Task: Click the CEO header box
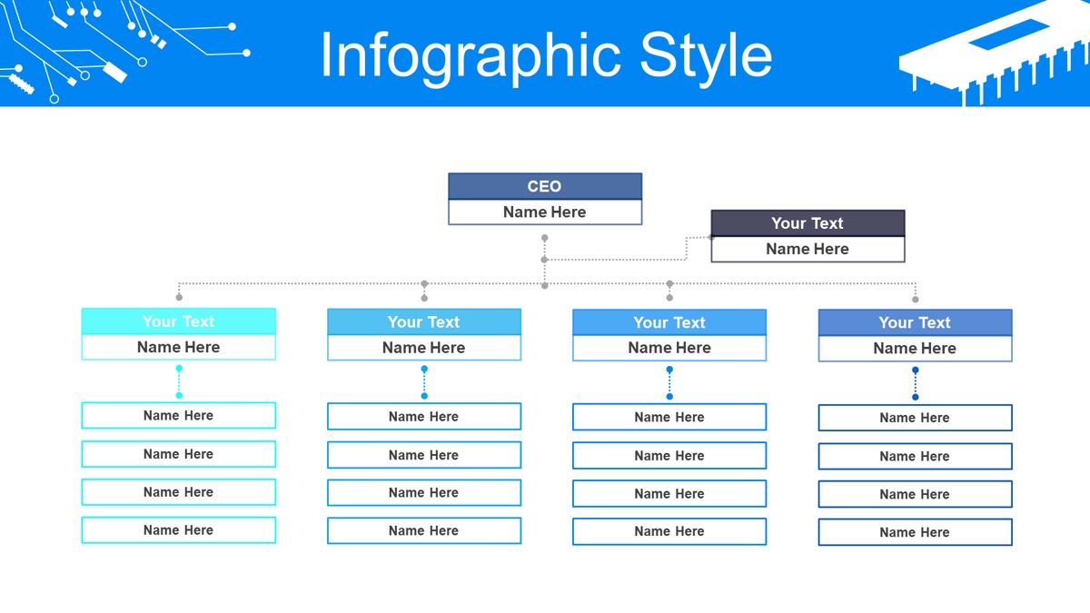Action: (x=545, y=186)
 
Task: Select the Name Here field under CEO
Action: (x=545, y=213)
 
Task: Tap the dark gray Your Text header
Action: (x=808, y=223)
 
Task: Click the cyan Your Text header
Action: (x=179, y=321)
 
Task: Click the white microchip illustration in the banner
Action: (x=994, y=54)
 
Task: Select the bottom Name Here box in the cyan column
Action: (x=179, y=529)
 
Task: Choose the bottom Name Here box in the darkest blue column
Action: (x=915, y=532)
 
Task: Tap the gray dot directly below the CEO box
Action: (x=544, y=238)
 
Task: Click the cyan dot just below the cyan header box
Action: (x=179, y=369)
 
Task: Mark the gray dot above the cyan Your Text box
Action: (x=179, y=297)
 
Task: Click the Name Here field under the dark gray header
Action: (x=808, y=249)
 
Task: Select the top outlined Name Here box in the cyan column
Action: (x=179, y=416)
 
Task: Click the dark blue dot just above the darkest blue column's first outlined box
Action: (x=916, y=397)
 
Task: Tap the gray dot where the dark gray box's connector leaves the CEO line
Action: (x=544, y=260)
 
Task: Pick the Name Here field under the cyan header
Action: (x=179, y=347)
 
